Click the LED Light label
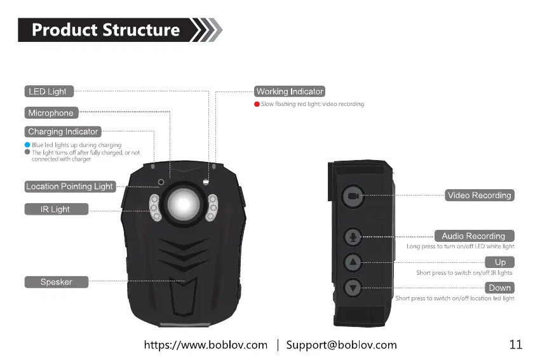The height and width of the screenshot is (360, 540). pyautogui.click(x=48, y=91)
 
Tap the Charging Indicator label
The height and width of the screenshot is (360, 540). pyautogui.click(x=63, y=132)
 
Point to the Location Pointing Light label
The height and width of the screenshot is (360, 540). pyautogui.click(x=69, y=187)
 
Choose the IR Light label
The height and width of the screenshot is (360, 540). pyautogui.click(x=56, y=210)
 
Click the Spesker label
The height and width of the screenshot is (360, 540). pyautogui.click(x=56, y=282)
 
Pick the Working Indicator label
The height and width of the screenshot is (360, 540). pyautogui.click(x=290, y=91)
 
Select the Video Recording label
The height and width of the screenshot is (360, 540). pyautogui.click(x=479, y=196)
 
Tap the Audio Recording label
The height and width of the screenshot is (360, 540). pyautogui.click(x=473, y=236)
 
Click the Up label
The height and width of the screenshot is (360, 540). pyautogui.click(x=500, y=262)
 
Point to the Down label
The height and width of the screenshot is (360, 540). pyautogui.click(x=500, y=288)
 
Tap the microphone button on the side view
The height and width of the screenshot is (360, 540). pyautogui.click(x=353, y=237)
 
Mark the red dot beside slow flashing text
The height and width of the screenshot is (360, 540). pyautogui.click(x=256, y=104)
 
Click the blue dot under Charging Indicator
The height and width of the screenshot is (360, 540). pyautogui.click(x=27, y=145)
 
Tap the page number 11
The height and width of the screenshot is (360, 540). pyautogui.click(x=515, y=345)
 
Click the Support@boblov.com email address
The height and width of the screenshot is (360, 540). pyautogui.click(x=341, y=345)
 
